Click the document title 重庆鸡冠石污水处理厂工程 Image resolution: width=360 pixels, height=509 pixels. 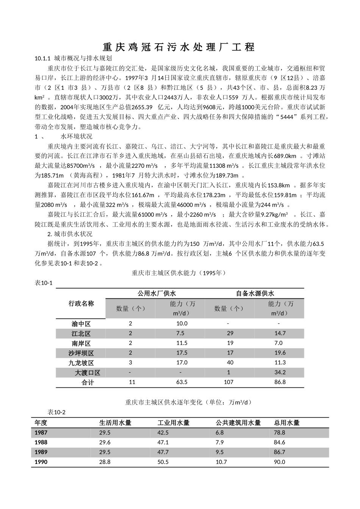point(179,47)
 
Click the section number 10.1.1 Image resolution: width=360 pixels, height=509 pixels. point(42,59)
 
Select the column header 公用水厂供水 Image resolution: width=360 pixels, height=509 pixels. point(156,294)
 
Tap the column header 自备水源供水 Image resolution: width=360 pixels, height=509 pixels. point(255,294)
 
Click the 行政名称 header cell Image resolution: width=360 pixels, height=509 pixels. point(81,303)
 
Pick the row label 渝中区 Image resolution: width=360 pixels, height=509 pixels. point(81,324)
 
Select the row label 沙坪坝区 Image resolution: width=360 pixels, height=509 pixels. point(81,353)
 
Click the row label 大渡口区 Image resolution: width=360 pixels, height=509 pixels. point(88,373)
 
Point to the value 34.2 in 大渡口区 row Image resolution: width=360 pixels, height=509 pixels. point(280,372)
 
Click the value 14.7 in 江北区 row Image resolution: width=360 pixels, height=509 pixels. point(280,333)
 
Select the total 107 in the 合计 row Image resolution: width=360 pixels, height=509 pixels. point(229,382)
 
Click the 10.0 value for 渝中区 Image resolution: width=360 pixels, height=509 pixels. point(182,323)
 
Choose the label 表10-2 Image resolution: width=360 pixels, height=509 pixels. point(56,412)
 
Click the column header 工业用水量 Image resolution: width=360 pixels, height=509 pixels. point(174,423)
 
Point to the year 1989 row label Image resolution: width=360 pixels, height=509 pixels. point(41,452)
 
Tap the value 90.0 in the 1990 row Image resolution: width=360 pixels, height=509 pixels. point(280,462)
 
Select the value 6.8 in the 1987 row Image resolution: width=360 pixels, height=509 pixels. point(219,432)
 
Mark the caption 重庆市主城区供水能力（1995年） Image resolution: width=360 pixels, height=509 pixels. point(179,273)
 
